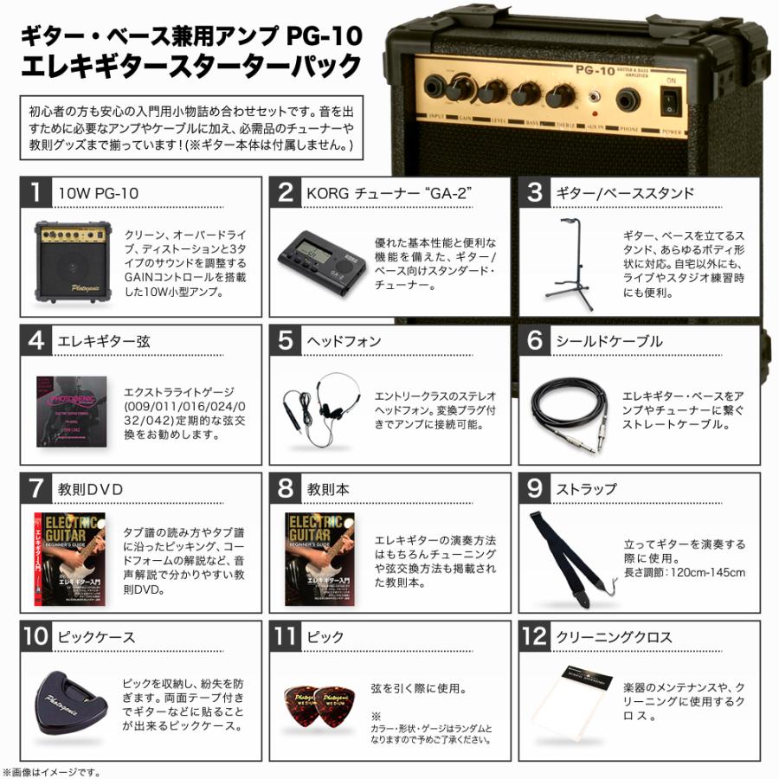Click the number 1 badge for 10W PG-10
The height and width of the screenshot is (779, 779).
tap(35, 193)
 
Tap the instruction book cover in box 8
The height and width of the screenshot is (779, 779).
tap(323, 557)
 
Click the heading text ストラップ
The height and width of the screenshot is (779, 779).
tap(585, 490)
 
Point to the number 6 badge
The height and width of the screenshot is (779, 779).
tap(535, 341)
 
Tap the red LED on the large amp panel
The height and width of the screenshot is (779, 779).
tap(595, 113)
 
